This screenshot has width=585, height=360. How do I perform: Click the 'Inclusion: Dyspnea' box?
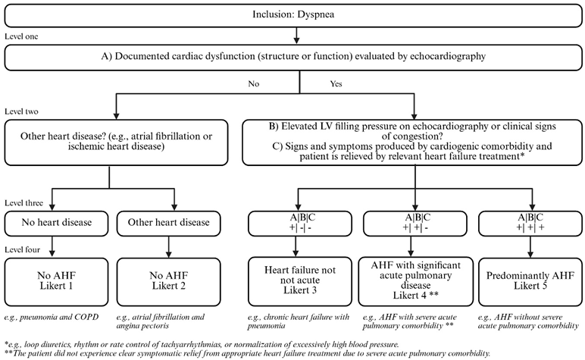(292, 15)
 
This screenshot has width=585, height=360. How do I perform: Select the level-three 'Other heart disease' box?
(174, 224)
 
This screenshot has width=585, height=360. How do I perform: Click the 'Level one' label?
(21, 36)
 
